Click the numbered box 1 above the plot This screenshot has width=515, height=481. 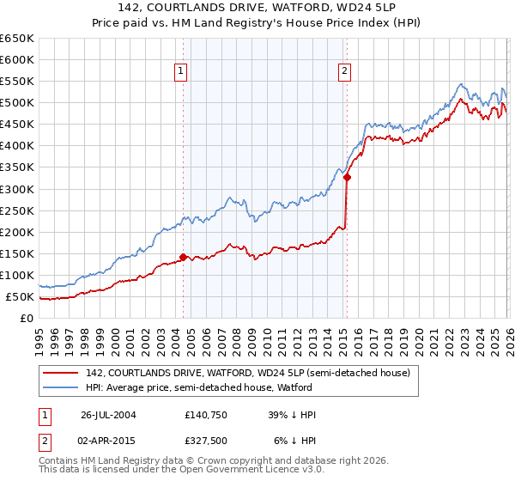click(x=183, y=71)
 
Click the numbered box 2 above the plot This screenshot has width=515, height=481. click(x=344, y=71)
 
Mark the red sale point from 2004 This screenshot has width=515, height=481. click(x=184, y=257)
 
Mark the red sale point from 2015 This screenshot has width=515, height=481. click(x=347, y=177)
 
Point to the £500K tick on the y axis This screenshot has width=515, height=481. click(x=17, y=103)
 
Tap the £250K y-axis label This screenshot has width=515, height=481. click(x=17, y=210)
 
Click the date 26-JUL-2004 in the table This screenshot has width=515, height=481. click(x=108, y=415)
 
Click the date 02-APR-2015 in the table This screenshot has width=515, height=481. click(x=108, y=442)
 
